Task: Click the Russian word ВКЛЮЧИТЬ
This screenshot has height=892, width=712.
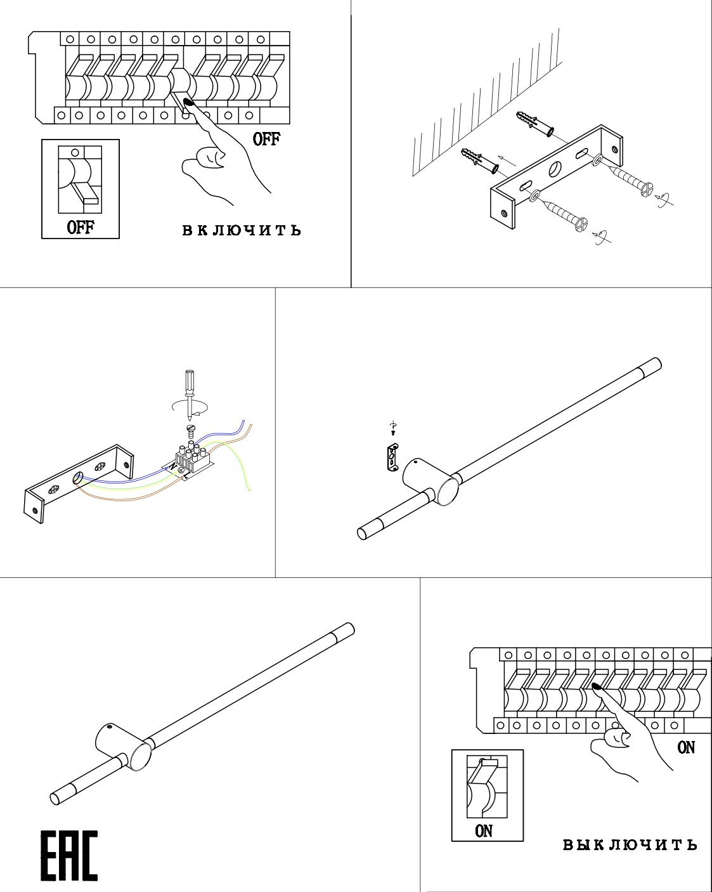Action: tap(242, 230)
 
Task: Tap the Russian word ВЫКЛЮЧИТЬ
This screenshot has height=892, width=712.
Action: tap(630, 844)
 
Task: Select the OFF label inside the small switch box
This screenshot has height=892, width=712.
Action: tap(81, 227)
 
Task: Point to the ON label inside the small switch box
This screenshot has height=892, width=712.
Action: tap(484, 830)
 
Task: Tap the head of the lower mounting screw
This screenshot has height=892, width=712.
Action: tap(581, 224)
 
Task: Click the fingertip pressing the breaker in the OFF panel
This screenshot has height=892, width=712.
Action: tap(188, 102)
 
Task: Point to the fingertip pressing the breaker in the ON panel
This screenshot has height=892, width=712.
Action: tap(597, 686)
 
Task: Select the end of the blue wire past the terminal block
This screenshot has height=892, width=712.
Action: tap(243, 421)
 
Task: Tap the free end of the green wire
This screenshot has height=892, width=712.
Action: tap(250, 489)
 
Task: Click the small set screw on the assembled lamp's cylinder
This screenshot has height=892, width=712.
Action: tap(110, 726)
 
